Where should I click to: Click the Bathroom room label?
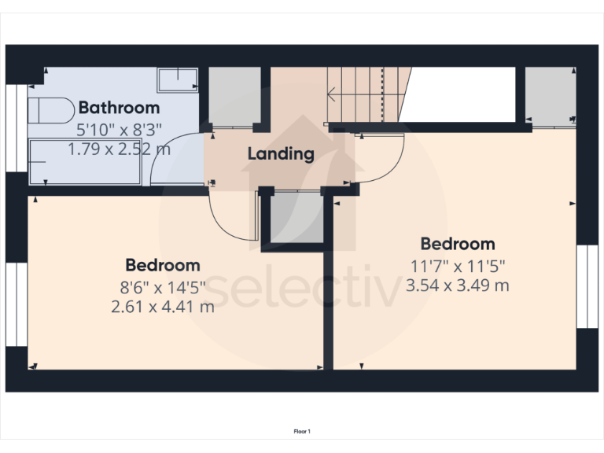119,108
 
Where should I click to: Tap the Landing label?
281,153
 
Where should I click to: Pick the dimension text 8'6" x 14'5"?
163,286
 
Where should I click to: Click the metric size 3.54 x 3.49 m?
457,285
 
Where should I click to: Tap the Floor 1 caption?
302,431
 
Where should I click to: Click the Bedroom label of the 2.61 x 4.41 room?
163,266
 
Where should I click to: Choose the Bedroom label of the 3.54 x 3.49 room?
457,244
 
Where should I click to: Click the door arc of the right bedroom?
385,161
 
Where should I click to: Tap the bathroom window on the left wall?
16,126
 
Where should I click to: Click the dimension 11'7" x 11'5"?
458,266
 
